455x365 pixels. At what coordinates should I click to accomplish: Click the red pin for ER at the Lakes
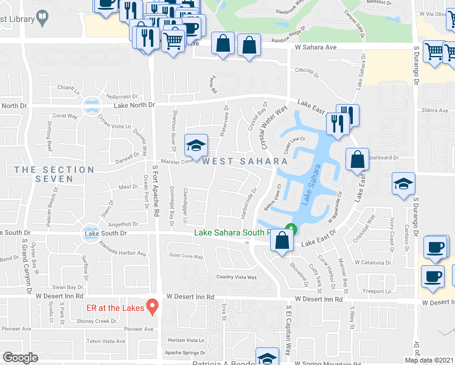pyautogui.click(x=152, y=306)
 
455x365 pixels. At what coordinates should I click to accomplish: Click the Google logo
pyautogui.click(x=20, y=358)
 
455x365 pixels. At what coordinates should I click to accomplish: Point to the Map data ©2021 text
pyautogui.click(x=428, y=360)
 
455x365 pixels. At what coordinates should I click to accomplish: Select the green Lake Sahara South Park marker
pyautogui.click(x=291, y=230)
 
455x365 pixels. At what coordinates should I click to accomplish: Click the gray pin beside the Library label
pyautogui.click(x=43, y=19)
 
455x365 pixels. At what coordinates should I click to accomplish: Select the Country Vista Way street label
pyautogui.click(x=237, y=277)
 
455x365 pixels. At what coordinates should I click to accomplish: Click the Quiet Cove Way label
pyautogui.click(x=186, y=256)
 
